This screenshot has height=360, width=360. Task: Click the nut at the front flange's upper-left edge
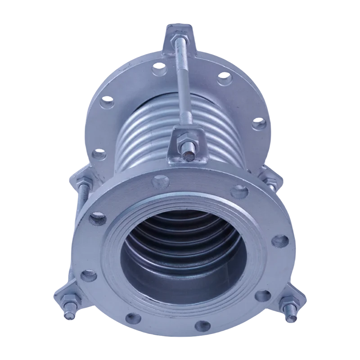[x=84, y=181]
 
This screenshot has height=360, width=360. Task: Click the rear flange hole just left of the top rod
[x=158, y=68]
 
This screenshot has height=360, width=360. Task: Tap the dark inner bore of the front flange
[x=180, y=265]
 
